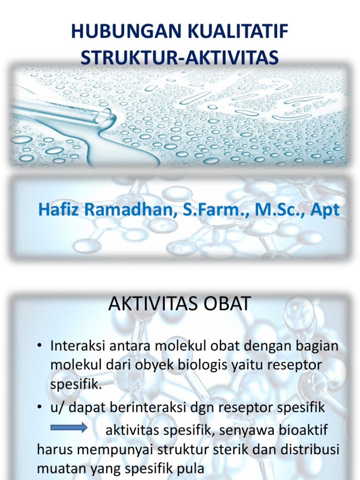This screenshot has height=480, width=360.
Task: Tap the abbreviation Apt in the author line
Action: [326, 210]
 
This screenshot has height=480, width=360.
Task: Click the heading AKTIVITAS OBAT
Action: [180, 304]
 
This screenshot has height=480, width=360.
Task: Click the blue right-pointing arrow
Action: [68, 427]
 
